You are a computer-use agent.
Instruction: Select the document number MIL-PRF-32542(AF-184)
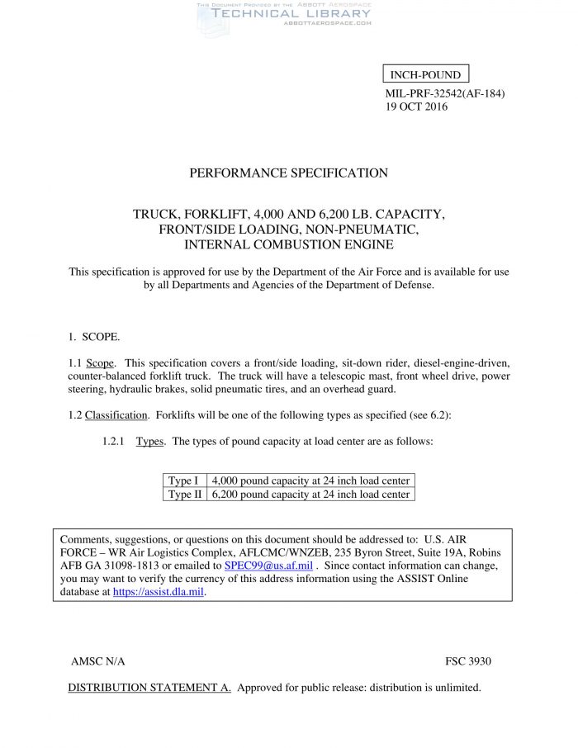tap(444, 92)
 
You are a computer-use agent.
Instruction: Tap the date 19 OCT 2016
tap(417, 107)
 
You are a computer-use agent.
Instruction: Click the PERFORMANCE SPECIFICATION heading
tap(288, 173)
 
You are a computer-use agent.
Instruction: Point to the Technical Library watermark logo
tap(283, 14)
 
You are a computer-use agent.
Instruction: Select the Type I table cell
tap(183, 481)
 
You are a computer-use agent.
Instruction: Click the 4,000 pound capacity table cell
tap(310, 481)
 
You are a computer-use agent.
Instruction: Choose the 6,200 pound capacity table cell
tap(310, 495)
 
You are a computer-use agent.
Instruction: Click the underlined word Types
tap(149, 442)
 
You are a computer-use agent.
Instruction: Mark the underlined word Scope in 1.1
tap(101, 363)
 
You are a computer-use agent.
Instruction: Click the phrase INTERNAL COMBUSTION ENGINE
tap(289, 244)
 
